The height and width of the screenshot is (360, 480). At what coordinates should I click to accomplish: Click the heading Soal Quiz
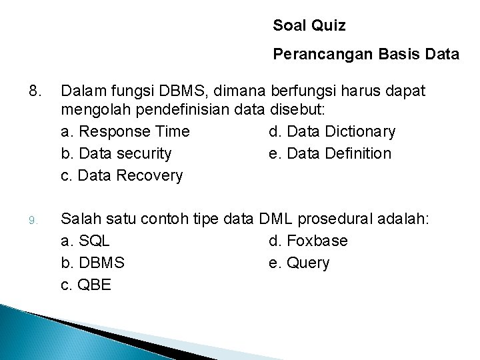(x=309, y=26)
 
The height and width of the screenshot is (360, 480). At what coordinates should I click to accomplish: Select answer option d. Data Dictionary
(x=332, y=131)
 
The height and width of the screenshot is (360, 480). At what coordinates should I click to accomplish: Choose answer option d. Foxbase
(x=308, y=241)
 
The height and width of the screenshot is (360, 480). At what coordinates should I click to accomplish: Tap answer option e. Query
(x=299, y=263)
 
